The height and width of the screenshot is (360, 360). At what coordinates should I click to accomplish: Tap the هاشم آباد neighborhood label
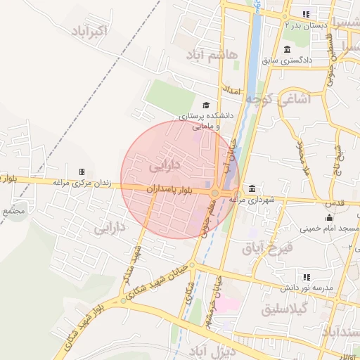coord(212,54)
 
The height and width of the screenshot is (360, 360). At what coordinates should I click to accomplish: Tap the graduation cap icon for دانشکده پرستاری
coord(205,105)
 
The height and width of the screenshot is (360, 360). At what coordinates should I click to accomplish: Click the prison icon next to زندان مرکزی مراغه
coord(82,172)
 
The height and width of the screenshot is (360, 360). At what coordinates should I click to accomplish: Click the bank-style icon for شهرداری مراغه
coord(252,188)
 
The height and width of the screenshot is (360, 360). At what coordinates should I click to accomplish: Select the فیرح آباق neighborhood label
coord(266,248)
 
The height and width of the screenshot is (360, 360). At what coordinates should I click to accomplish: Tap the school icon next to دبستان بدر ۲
coord(305,13)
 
